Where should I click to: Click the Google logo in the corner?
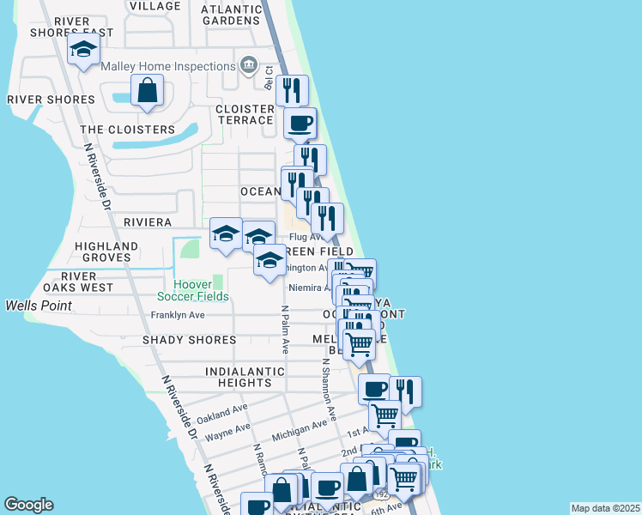28,505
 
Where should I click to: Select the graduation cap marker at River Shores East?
83,52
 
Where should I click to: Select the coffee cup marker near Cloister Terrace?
300,124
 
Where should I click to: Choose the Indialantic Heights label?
239,377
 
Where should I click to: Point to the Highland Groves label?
106,251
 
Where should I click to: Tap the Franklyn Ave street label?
178,315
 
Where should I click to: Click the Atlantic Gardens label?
231,15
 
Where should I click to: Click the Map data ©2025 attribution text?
605,508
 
